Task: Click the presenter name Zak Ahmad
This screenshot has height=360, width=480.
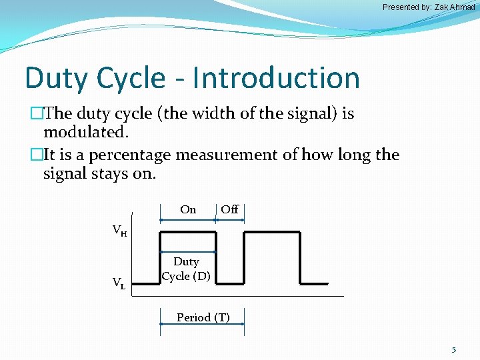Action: (452, 7)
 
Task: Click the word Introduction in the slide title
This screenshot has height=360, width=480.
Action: (276, 78)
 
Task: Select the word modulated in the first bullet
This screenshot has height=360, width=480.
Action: (85, 132)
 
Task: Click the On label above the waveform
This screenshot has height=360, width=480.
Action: (188, 209)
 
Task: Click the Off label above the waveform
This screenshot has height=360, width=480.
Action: (229, 209)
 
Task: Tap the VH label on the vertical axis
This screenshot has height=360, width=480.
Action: (120, 231)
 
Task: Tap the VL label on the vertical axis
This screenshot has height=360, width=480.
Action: (119, 283)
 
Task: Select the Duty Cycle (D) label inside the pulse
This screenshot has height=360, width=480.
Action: (187, 269)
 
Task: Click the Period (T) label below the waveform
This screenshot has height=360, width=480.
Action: (203, 317)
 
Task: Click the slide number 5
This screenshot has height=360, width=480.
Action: (454, 349)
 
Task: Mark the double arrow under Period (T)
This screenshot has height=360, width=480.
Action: (201, 324)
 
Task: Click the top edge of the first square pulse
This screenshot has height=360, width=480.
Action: (187, 232)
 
